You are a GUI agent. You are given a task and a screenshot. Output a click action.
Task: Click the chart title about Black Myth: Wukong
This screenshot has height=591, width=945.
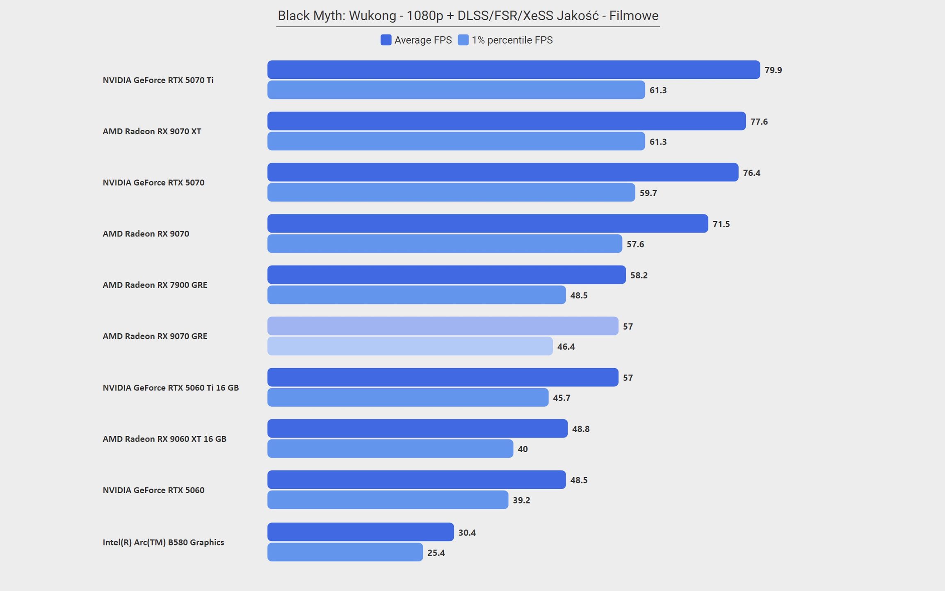point(468,16)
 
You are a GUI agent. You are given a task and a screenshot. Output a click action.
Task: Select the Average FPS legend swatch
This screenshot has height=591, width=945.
point(386,40)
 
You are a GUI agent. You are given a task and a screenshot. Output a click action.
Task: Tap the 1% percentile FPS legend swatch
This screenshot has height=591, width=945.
point(463,40)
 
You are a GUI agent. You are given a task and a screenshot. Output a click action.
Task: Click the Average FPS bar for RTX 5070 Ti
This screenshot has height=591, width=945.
point(514,70)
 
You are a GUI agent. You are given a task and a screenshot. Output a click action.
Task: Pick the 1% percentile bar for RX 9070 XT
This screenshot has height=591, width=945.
point(456,141)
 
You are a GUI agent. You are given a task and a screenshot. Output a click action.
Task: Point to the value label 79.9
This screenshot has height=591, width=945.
point(773,70)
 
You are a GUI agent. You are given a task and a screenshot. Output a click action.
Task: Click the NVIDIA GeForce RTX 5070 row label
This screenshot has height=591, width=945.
point(153,183)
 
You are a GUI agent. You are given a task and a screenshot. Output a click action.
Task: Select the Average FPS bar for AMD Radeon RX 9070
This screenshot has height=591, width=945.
point(488,223)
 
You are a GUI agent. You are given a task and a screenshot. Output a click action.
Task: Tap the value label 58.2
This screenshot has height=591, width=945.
point(639,275)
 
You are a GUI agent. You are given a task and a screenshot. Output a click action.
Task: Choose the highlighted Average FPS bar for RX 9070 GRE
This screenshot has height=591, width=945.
point(443,326)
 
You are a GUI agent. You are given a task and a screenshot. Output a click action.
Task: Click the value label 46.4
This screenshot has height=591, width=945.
point(566,347)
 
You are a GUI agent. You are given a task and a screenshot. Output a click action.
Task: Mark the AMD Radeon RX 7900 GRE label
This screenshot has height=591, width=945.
point(155,285)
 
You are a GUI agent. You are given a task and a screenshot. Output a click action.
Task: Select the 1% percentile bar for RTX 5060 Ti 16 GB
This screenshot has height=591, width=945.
point(408,397)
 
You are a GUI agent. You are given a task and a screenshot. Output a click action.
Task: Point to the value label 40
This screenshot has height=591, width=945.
point(523,449)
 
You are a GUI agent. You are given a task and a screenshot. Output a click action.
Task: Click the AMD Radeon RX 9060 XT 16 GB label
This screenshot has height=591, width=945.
point(164,439)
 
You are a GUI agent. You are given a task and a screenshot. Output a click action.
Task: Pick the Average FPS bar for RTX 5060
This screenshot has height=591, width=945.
point(417,479)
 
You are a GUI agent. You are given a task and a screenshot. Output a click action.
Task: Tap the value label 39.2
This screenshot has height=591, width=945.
point(521,500)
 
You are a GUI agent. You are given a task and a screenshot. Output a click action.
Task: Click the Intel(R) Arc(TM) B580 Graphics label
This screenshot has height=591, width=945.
point(163,542)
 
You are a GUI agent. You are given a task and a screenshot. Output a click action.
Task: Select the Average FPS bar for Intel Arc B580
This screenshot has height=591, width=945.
point(361,532)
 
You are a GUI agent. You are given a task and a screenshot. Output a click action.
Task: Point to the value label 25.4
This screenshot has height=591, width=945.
point(436,553)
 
